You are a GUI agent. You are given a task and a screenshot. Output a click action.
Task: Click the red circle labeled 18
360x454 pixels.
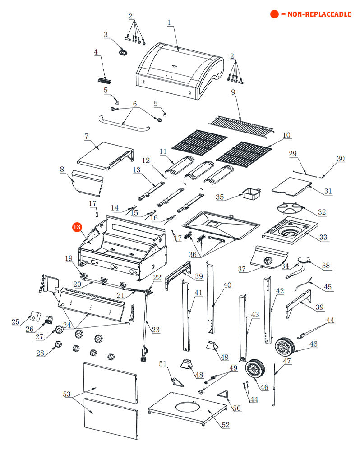[76, 228]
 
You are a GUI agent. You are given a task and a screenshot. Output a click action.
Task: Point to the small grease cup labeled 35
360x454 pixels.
[251, 194]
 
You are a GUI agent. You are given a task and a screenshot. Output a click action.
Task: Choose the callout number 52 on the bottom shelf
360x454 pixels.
[225, 425]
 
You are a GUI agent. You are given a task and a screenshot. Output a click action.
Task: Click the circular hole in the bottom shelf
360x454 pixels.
[188, 407]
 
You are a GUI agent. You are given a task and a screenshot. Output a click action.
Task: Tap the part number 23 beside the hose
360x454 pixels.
[156, 330]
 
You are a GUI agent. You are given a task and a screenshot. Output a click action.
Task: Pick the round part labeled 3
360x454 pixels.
[123, 53]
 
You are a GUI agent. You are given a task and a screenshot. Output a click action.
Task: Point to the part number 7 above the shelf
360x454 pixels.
[86, 136]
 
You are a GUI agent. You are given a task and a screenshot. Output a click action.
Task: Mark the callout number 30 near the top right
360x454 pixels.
[341, 158]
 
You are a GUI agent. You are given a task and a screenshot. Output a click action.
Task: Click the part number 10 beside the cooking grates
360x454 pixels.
[286, 135]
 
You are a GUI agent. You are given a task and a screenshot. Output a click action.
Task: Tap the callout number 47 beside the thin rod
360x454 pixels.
[287, 361]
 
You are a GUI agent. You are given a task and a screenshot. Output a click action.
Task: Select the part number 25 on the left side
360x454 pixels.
[15, 321]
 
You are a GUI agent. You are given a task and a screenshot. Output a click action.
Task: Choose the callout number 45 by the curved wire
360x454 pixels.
[328, 286]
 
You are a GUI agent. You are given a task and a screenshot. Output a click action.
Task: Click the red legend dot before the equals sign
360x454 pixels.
[274, 14]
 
